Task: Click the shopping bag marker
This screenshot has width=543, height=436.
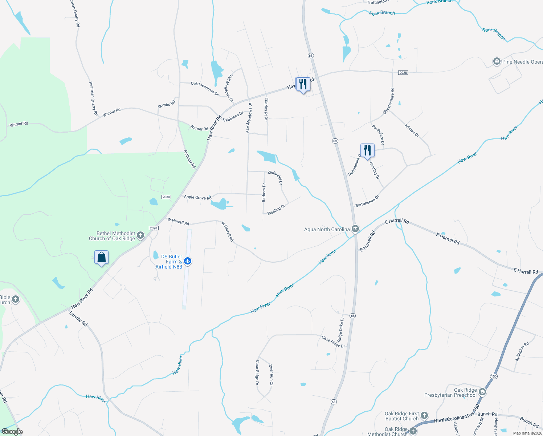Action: tap(102, 258)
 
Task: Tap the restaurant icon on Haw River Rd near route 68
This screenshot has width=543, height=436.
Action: tap(303, 84)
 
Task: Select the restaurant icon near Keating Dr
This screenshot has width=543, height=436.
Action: tap(367, 150)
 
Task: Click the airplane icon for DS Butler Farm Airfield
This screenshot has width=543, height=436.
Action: tap(188, 261)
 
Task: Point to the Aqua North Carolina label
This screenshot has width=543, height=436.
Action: tap(327, 229)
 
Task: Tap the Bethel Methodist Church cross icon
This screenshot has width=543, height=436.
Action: tap(140, 235)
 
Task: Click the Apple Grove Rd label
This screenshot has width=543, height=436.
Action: tap(197, 197)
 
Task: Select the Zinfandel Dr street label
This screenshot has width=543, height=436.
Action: tap(275, 177)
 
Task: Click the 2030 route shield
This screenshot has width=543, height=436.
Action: tap(166, 197)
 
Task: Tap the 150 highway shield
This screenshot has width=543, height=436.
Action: tap(494, 376)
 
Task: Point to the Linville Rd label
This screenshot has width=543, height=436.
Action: tap(78, 319)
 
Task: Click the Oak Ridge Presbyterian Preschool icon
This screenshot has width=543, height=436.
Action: tap(482, 392)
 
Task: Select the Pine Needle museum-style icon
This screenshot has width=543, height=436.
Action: tap(497, 62)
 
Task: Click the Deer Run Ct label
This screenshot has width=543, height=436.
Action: tap(271, 375)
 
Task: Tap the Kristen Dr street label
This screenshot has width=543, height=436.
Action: tap(412, 130)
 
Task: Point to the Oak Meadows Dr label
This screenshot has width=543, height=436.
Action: tap(205, 89)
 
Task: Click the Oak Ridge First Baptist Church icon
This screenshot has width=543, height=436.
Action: tap(424, 416)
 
